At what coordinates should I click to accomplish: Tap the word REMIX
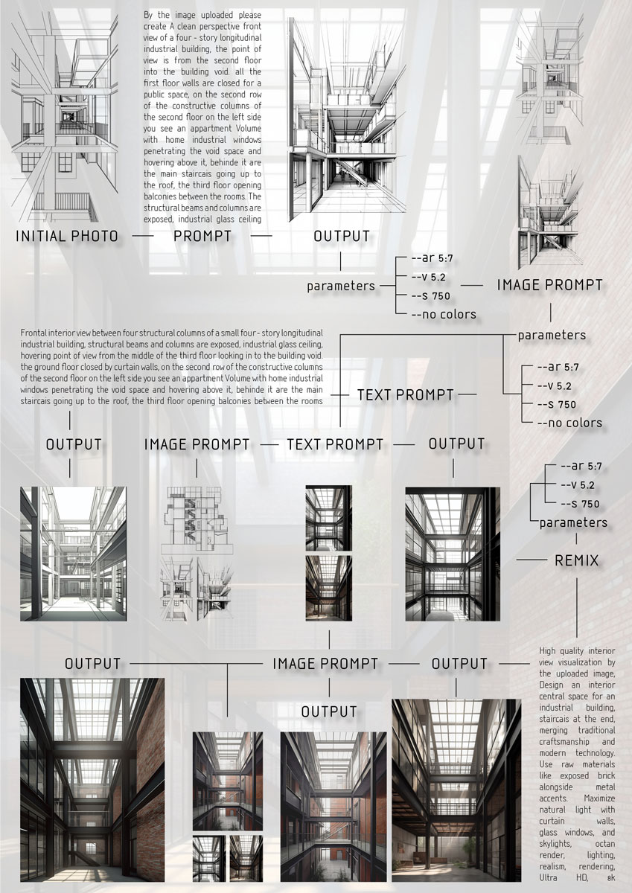click(x=577, y=560)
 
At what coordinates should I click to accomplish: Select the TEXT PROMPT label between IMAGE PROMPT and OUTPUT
click(x=335, y=444)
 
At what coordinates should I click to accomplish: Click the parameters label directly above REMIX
click(x=573, y=522)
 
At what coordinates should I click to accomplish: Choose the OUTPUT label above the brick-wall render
click(x=92, y=663)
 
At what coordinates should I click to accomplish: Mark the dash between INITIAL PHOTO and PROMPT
click(x=144, y=237)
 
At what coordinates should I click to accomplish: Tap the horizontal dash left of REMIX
click(x=532, y=560)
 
